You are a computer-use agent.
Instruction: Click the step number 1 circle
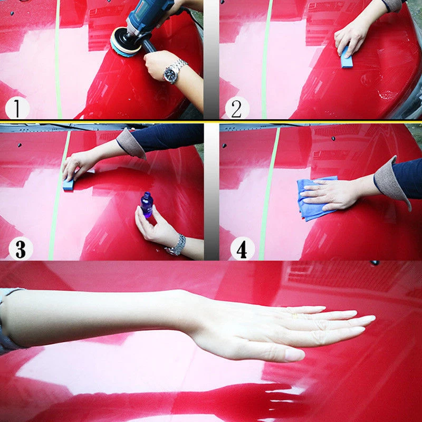[x=17, y=108]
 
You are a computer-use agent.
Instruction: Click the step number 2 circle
[x=237, y=108]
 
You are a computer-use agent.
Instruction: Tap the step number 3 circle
[x=21, y=248]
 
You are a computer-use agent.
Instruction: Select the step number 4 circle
[x=242, y=248]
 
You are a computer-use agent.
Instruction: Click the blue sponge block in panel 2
[x=347, y=57]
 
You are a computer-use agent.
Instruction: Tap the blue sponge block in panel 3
[x=69, y=184]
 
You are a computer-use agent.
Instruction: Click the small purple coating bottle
[x=147, y=205]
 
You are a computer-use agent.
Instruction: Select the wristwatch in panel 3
[x=176, y=245]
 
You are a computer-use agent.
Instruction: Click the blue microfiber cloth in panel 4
[x=315, y=198]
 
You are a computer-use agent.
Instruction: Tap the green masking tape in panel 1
[x=57, y=59]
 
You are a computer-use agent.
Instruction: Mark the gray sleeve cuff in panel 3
[x=131, y=144]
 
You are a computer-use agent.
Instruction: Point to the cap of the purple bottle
[x=147, y=195]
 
